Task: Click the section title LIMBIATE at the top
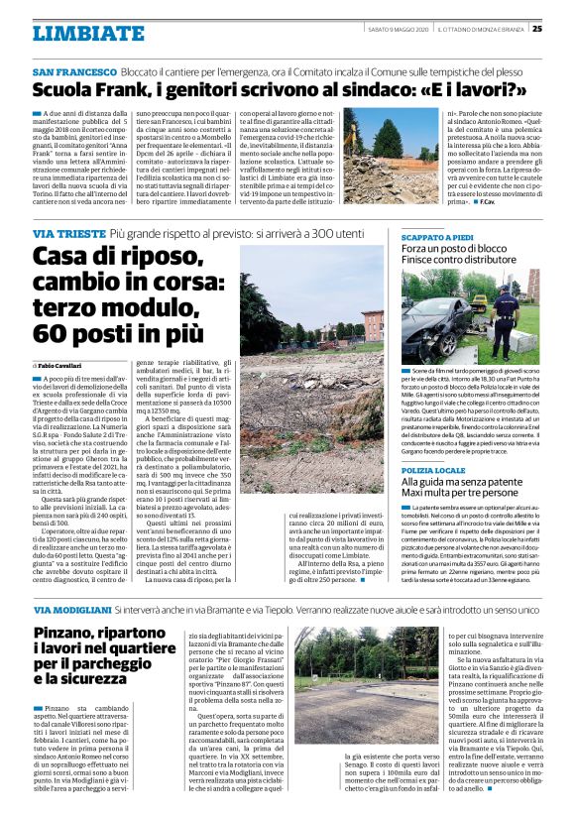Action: click(x=74, y=33)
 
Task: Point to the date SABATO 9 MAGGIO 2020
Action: click(x=398, y=29)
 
